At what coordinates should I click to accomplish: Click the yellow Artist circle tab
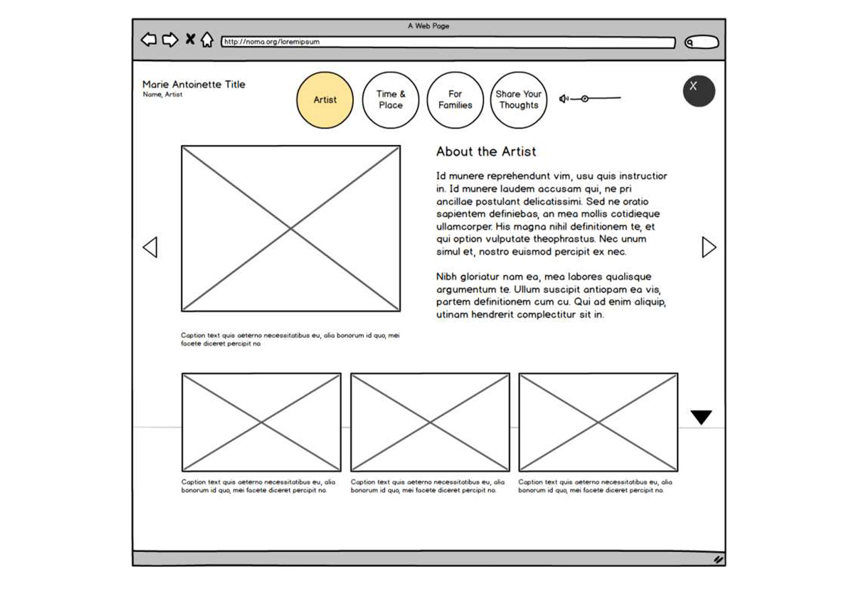click(x=324, y=100)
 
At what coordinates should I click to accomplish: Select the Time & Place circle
click(x=390, y=100)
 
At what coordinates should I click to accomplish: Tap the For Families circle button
click(x=455, y=100)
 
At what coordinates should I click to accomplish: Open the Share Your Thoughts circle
click(x=518, y=100)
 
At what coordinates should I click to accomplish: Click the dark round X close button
click(x=698, y=91)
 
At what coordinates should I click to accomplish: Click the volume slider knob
click(x=585, y=99)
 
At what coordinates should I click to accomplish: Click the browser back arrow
click(x=149, y=40)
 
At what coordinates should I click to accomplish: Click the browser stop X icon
click(x=190, y=39)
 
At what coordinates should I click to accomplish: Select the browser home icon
click(x=207, y=40)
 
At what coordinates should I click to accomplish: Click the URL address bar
click(x=448, y=42)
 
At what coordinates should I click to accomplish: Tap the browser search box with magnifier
click(x=701, y=42)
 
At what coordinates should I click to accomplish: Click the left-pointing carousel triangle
click(x=150, y=247)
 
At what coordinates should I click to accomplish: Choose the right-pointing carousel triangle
click(x=708, y=247)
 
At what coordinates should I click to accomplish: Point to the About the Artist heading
click(x=486, y=152)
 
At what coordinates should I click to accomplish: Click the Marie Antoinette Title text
click(x=194, y=84)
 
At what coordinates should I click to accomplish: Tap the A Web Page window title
click(x=428, y=26)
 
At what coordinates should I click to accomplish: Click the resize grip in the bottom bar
click(x=718, y=559)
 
